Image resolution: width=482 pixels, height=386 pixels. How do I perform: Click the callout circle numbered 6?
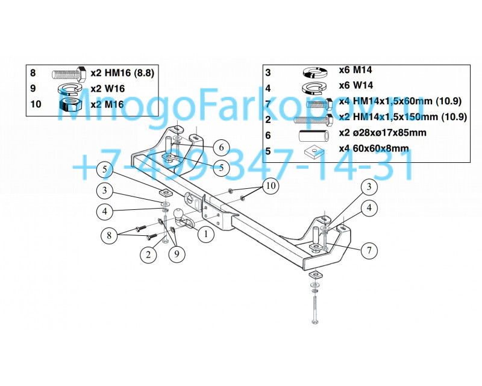click(221, 147)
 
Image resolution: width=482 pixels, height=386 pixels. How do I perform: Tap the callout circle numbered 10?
click(271, 186)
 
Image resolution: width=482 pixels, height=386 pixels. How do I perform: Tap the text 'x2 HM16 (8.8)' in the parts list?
click(122, 74)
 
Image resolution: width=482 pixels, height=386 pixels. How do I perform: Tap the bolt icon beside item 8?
click(69, 74)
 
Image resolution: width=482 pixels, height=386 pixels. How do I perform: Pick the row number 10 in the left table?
click(36, 104)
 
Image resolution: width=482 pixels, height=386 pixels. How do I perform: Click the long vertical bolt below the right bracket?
click(315, 308)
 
